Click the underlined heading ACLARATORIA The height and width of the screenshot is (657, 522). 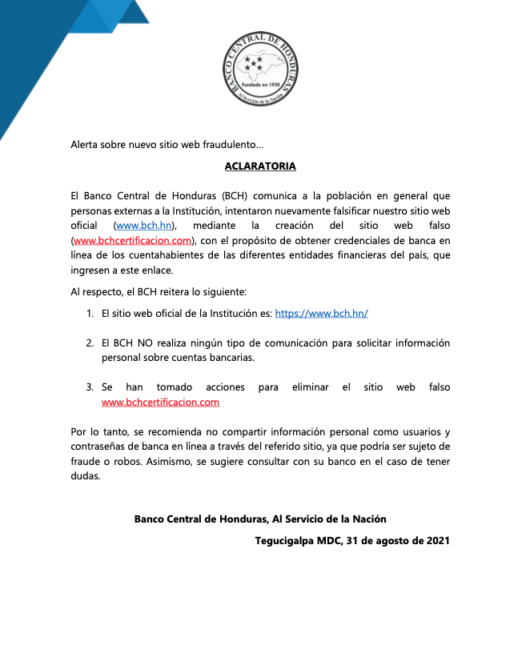pos(260,166)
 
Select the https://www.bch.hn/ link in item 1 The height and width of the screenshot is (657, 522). pos(321,314)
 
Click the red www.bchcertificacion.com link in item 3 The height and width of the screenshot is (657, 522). pos(161,402)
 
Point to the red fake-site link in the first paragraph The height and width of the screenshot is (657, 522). pos(132,240)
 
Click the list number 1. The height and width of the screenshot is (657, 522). pos(90,314)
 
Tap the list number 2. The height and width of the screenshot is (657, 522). pos(90,343)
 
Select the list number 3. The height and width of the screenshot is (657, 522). pos(90,387)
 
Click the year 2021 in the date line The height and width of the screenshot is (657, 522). pos(436,540)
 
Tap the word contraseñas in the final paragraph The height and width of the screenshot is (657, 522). pos(102,447)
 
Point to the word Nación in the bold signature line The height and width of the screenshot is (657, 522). pos(367,519)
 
